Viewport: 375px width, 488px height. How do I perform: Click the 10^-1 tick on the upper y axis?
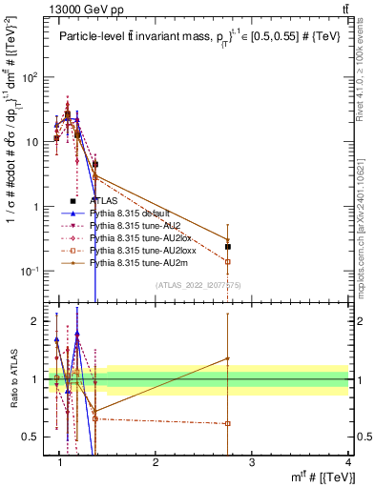pos(35,272)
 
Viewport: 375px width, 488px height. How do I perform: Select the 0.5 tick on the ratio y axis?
pos(37,437)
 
